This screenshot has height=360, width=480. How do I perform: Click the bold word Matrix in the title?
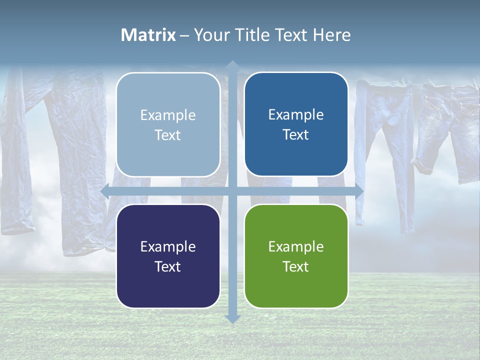click(x=148, y=35)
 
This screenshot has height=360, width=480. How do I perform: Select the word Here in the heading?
click(x=331, y=35)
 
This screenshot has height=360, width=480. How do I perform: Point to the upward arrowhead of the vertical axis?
click(x=232, y=65)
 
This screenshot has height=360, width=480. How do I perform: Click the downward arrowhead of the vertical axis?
click(x=232, y=318)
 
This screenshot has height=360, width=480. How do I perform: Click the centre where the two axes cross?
click(x=232, y=191)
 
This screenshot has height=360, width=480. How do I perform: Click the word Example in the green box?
click(x=296, y=246)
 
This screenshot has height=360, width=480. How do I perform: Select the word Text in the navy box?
click(x=168, y=266)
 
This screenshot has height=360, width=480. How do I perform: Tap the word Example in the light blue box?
click(x=168, y=115)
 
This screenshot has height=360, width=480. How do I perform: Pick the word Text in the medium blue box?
click(x=296, y=135)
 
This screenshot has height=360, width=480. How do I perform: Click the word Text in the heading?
click(x=289, y=35)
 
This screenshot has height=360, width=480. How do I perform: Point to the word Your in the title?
click(x=210, y=35)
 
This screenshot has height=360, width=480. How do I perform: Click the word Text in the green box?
click(x=296, y=266)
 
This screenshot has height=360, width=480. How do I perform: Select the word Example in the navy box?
click(x=168, y=246)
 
